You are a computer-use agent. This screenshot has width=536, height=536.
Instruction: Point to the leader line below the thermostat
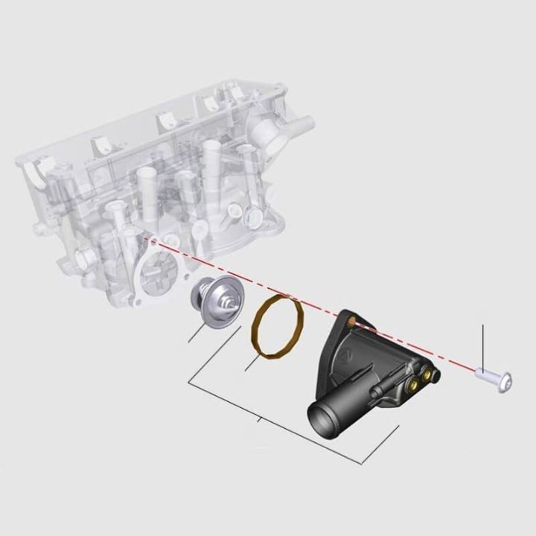[x=200, y=332]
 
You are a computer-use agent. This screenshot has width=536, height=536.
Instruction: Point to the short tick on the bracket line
[x=258, y=421]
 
